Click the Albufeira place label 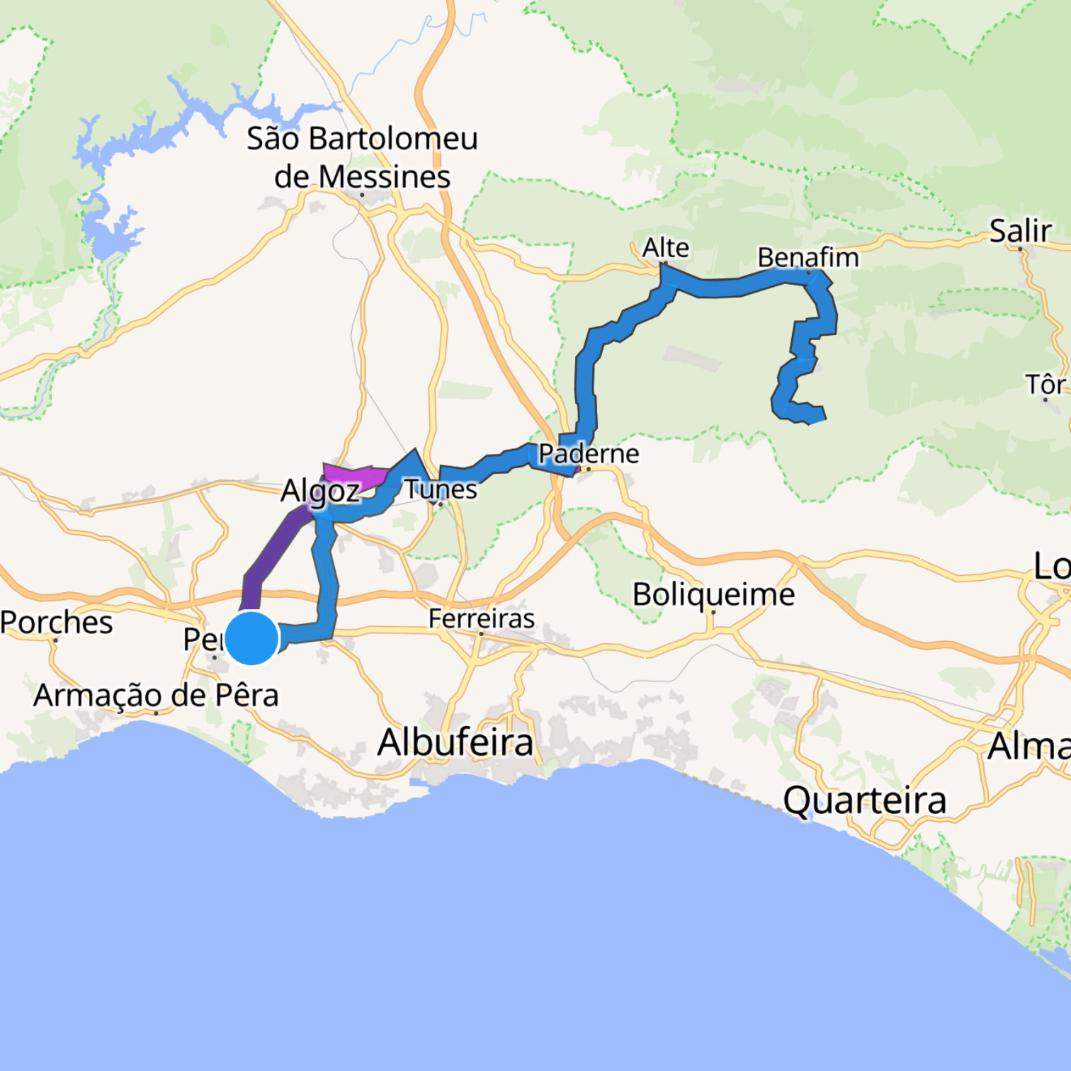[x=455, y=742]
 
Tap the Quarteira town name [x=864, y=800]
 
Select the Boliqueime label [x=713, y=594]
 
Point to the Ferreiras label [x=482, y=618]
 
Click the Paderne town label [x=589, y=453]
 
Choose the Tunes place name [x=441, y=489]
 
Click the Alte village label [x=665, y=247]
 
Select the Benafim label [x=808, y=257]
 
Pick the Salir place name [x=1020, y=231]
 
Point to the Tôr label [x=1045, y=385]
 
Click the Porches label [x=56, y=623]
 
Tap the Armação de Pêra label [x=156, y=695]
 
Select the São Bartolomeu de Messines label [x=362, y=157]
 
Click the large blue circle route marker [x=251, y=638]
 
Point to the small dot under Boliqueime [x=713, y=612]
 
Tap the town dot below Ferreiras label [x=481, y=634]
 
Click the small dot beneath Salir [x=1020, y=249]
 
